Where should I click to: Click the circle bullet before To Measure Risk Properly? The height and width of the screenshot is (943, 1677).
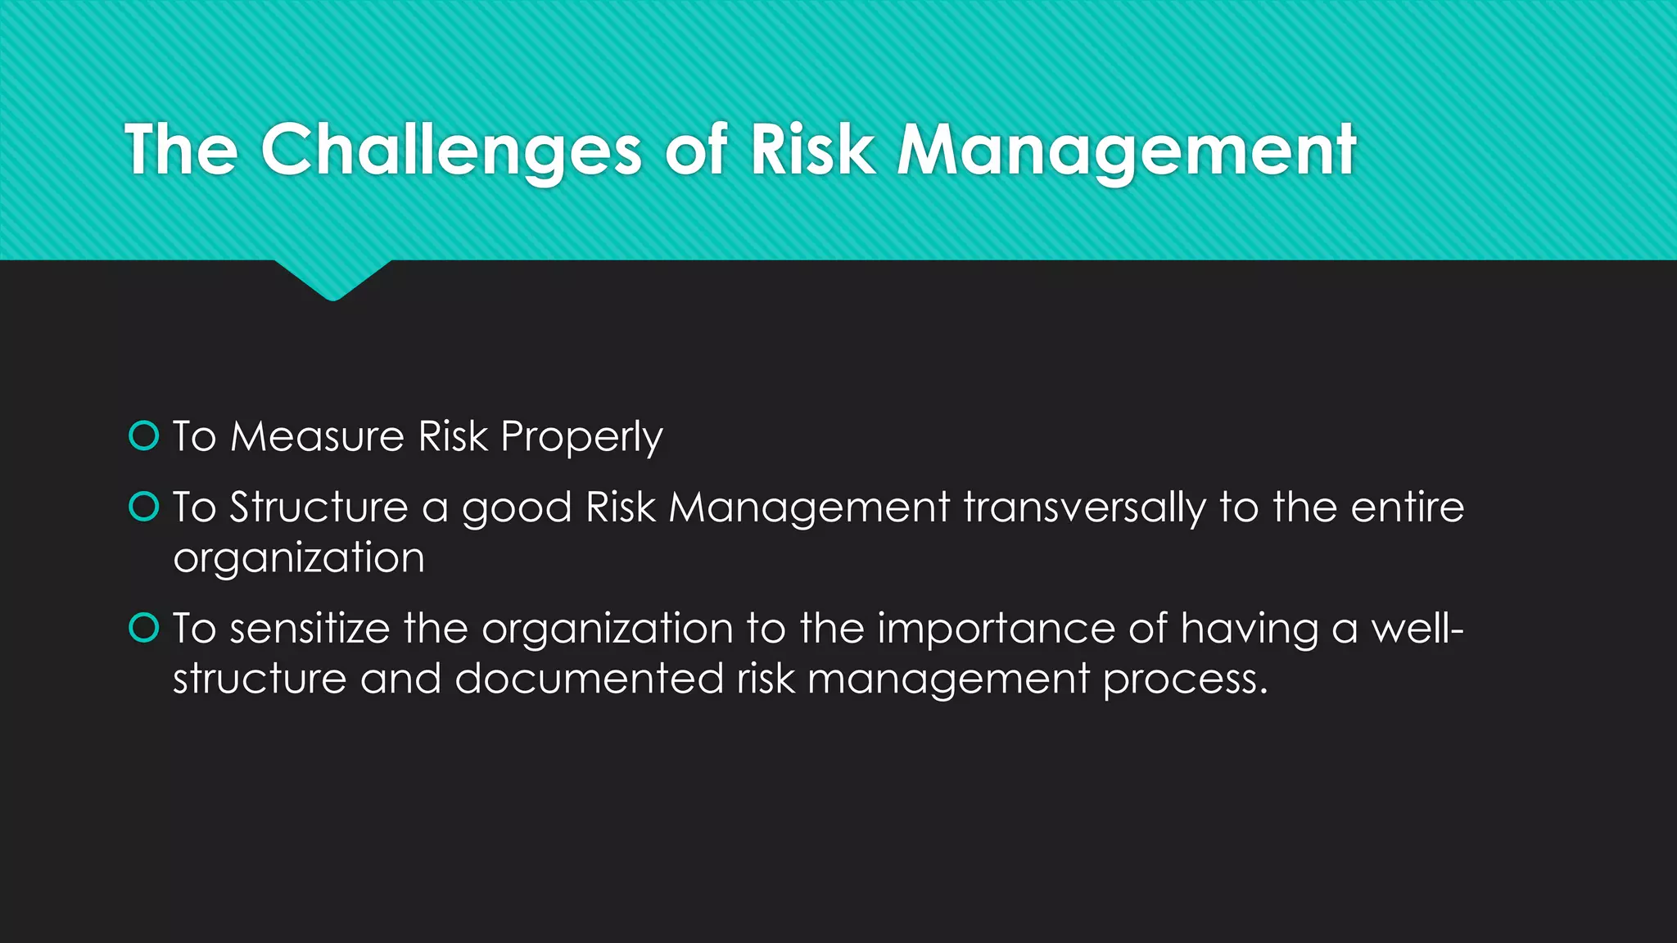click(x=144, y=435)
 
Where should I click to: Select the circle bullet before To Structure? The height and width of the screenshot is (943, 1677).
click(x=144, y=507)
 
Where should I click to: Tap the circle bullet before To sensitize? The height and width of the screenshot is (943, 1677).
click(x=144, y=628)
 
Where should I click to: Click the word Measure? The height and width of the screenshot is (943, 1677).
click(x=318, y=436)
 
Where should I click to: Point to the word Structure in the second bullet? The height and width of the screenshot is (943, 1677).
click(x=319, y=508)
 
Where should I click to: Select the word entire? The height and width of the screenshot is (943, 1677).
click(x=1407, y=508)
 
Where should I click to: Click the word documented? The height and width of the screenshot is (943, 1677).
click(x=589, y=679)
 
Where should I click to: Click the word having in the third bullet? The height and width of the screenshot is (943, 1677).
click(x=1250, y=629)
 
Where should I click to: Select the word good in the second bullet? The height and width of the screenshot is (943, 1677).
click(x=517, y=508)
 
